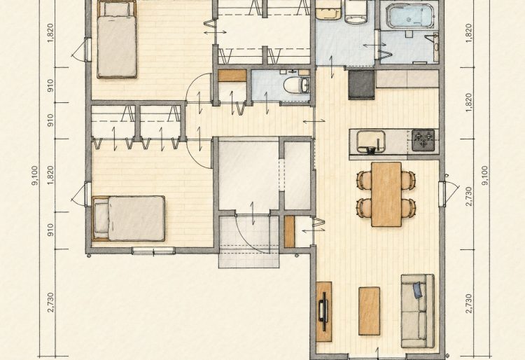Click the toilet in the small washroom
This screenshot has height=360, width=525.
(x=297, y=85)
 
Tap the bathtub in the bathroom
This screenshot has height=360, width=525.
(x=411, y=15)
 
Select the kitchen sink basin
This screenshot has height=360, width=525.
(x=370, y=141)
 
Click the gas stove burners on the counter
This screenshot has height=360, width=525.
(x=423, y=140)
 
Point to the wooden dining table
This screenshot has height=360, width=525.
(x=386, y=194)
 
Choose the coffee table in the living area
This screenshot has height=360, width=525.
(x=369, y=311)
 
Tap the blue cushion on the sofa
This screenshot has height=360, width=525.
(x=417, y=290)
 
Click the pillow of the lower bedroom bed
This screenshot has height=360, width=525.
(x=101, y=219)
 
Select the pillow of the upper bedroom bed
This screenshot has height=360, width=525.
(x=116, y=9)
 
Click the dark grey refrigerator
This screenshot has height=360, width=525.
(x=362, y=85)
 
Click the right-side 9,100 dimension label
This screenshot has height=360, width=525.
(x=485, y=175)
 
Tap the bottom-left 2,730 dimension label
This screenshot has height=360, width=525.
(x=50, y=303)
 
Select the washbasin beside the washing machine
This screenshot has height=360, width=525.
(x=328, y=10)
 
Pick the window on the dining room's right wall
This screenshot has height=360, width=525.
(x=442, y=194)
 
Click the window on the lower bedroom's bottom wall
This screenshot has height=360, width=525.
(x=153, y=251)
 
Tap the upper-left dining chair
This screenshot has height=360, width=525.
(x=364, y=179)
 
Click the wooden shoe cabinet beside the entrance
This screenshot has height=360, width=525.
(x=289, y=232)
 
